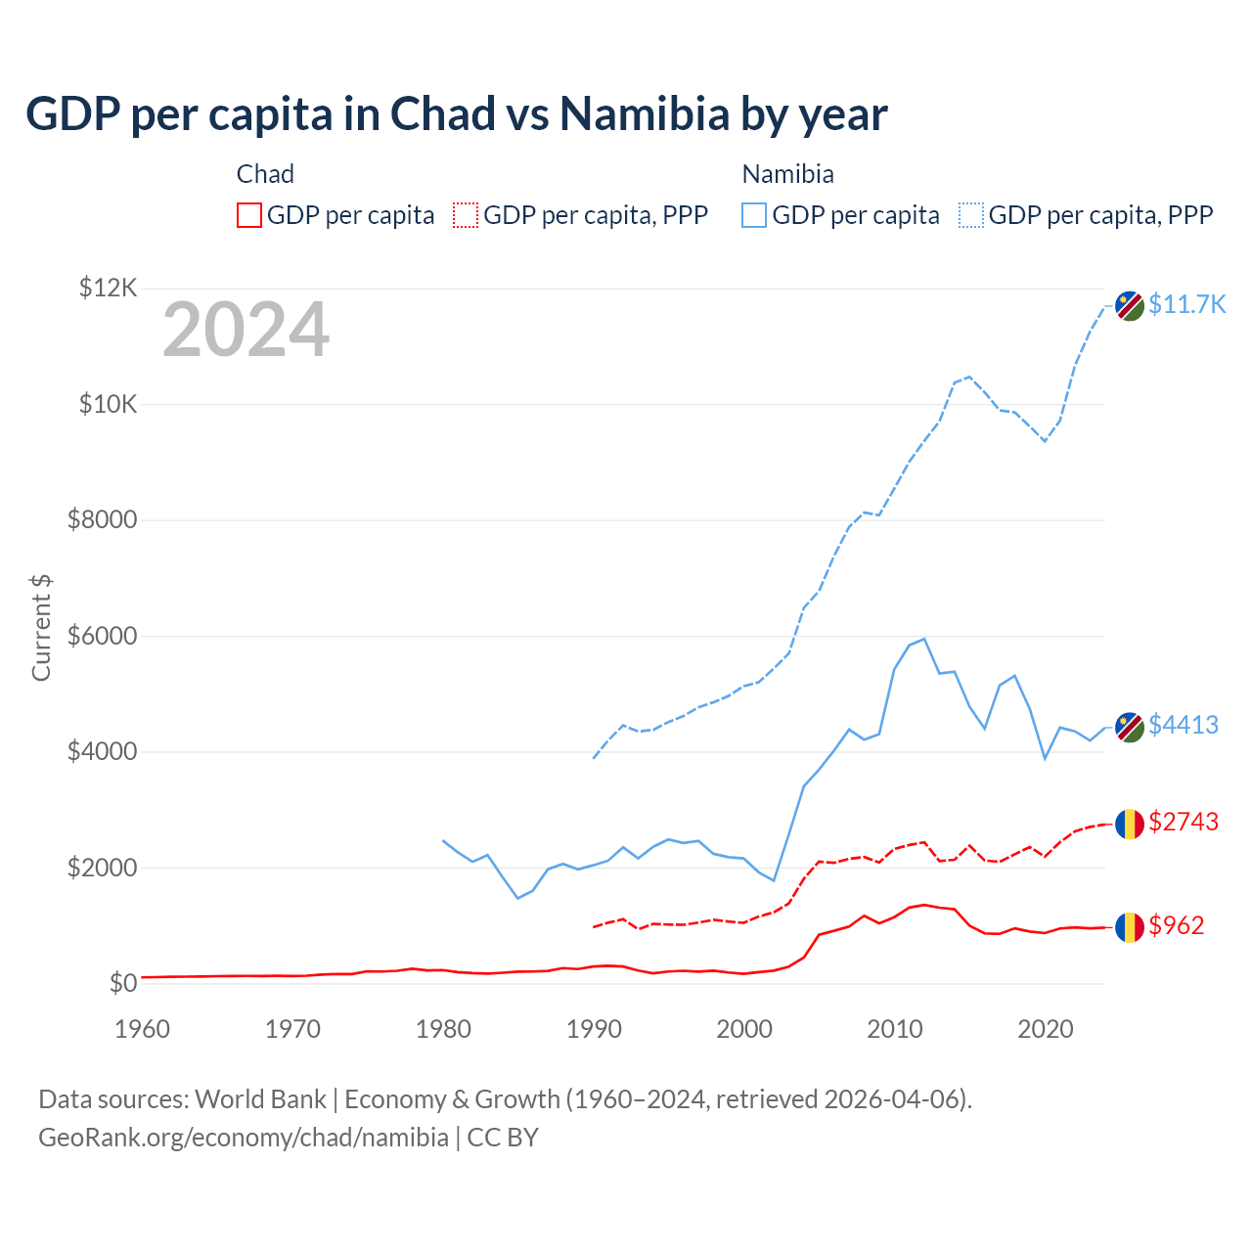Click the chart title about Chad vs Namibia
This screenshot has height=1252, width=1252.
pyautogui.click(x=456, y=114)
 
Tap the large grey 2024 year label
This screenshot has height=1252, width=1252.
pyautogui.click(x=246, y=330)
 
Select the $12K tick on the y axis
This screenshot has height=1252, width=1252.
pyautogui.click(x=108, y=288)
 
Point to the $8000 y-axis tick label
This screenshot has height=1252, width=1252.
pyautogui.click(x=102, y=519)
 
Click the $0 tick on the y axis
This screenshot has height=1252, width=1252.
pyautogui.click(x=122, y=983)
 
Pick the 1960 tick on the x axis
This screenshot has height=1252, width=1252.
pyautogui.click(x=142, y=1029)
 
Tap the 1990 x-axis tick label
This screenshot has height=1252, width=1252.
pyautogui.click(x=594, y=1029)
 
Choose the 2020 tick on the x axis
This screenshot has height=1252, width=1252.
pyautogui.click(x=1046, y=1029)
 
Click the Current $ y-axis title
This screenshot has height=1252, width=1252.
pyautogui.click(x=41, y=627)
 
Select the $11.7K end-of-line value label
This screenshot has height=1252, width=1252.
pyautogui.click(x=1186, y=304)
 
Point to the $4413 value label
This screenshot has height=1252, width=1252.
pyautogui.click(x=1184, y=725)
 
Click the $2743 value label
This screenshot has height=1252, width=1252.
pyautogui.click(x=1184, y=822)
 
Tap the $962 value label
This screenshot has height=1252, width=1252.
pyautogui.click(x=1177, y=925)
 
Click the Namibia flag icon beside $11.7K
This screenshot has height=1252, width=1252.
pyautogui.click(x=1130, y=305)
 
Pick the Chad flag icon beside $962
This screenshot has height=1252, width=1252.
pyautogui.click(x=1130, y=926)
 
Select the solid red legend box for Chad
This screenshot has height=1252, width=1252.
pyautogui.click(x=249, y=215)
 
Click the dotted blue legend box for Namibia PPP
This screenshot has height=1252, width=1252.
pyautogui.click(x=971, y=215)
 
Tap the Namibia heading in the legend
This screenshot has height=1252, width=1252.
pyautogui.click(x=787, y=174)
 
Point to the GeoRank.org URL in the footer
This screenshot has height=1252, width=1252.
pyautogui.click(x=243, y=1138)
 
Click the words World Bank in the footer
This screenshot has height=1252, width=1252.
pyautogui.click(x=260, y=1099)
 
